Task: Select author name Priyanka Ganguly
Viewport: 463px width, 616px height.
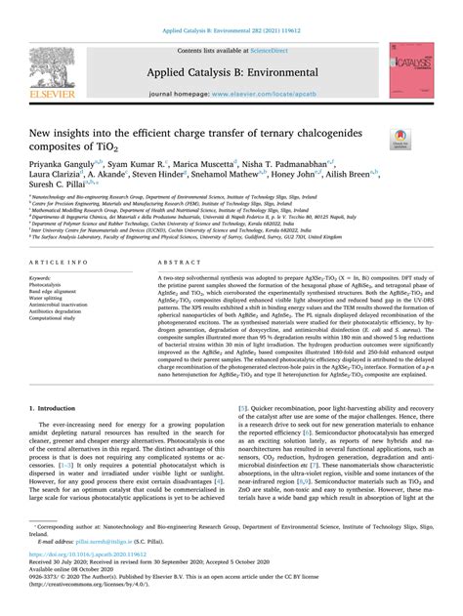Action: (63, 166)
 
